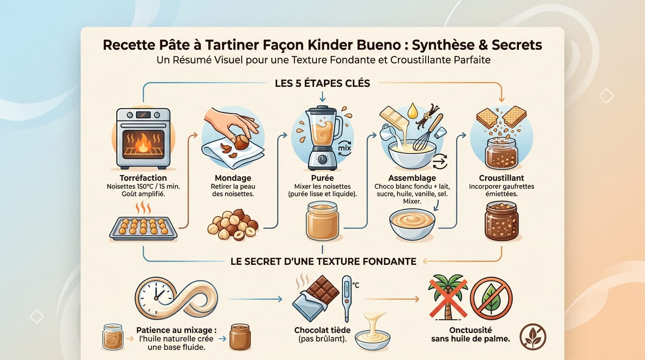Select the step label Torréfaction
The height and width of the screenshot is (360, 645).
142,179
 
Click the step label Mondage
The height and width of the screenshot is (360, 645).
232,178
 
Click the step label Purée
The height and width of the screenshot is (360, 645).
322,178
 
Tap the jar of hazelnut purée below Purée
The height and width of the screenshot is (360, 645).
322,221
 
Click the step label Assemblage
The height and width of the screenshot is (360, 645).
412,178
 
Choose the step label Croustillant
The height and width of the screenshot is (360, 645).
502,178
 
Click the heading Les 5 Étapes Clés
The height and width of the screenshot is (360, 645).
322,83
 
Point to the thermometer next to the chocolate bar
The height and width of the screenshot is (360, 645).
347,297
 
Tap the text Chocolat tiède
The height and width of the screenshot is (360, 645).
322,330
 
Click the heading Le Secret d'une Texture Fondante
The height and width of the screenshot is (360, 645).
323,261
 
